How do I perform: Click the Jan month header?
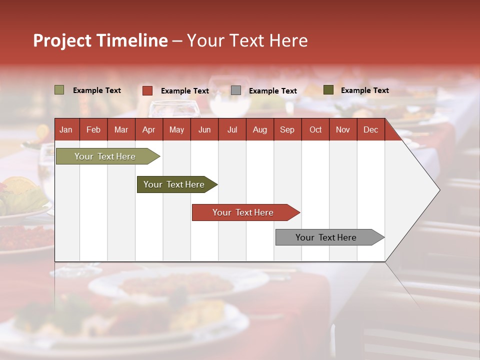coord(66,129)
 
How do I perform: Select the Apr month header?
coord(148,129)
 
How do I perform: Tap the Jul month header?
coord(232,129)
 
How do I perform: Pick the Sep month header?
coord(287,129)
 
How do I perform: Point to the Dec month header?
coord(370,129)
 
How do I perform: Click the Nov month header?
coord(342,129)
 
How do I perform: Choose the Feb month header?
coord(93,129)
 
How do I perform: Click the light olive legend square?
coord(59,90)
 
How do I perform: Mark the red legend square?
coord(147,90)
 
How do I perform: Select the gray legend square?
coord(236,90)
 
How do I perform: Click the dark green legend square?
coord(328,90)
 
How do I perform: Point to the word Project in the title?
coord(62,40)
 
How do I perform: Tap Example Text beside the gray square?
coord(272,91)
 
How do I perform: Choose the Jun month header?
coord(204,129)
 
